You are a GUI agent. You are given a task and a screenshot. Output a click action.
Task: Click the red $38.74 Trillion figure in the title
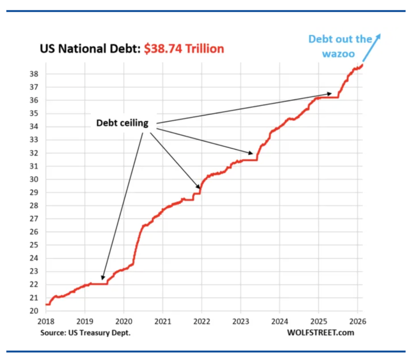(x=184, y=49)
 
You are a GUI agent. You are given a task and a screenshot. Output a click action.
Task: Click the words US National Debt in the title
(x=90, y=49)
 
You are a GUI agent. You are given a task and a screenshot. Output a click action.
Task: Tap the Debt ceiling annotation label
(x=122, y=123)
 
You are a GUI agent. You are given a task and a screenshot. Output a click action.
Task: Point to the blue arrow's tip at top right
(x=379, y=34)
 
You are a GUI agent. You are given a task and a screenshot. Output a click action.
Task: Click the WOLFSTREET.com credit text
(x=321, y=333)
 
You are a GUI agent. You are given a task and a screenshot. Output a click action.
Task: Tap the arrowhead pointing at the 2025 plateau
(x=330, y=94)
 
